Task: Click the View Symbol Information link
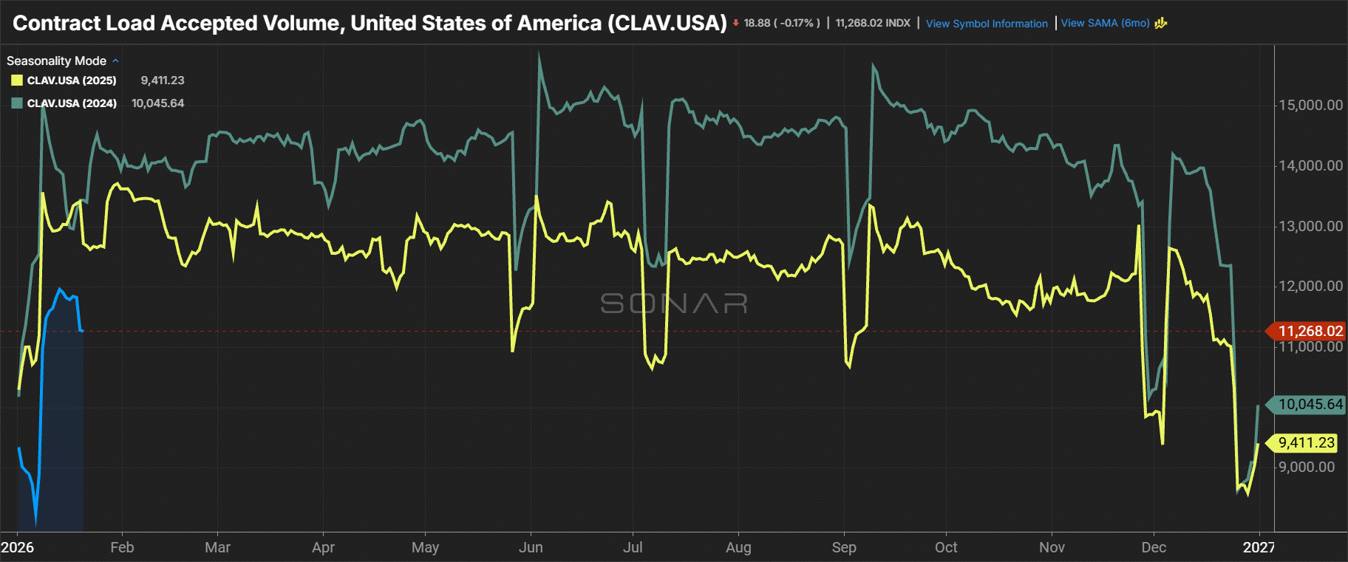(x=987, y=24)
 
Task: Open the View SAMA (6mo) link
(x=1105, y=23)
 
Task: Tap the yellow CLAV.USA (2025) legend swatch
(x=17, y=80)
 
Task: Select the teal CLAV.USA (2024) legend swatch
(x=17, y=103)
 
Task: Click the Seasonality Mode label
(x=56, y=61)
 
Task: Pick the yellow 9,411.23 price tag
(x=1306, y=443)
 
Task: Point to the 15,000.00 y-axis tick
(x=1310, y=105)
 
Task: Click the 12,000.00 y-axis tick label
(x=1310, y=286)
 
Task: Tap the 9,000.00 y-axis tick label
(x=1306, y=467)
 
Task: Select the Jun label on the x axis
(x=531, y=547)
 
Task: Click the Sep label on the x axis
(x=844, y=547)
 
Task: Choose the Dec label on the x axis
(x=1154, y=547)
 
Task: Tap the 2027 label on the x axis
(x=1259, y=547)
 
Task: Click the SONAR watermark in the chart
(x=674, y=303)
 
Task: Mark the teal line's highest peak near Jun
(x=539, y=54)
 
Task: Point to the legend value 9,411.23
(x=163, y=80)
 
